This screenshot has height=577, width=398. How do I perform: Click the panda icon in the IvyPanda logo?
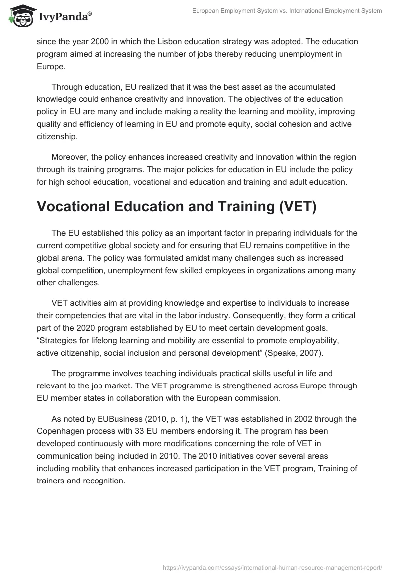click(x=18, y=16)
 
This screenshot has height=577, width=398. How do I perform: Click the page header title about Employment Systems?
click(x=287, y=11)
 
